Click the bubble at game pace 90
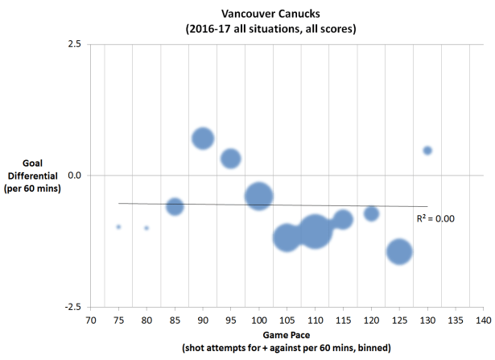[203, 139]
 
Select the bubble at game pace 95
[231, 158]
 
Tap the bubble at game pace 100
[258, 196]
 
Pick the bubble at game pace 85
[175, 207]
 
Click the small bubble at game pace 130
[427, 151]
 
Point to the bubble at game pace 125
[399, 251]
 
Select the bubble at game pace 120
[371, 213]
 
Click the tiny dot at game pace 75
[118, 227]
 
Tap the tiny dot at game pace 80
[146, 228]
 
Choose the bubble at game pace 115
[343, 219]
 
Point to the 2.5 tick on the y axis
[72, 43]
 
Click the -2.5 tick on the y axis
[71, 307]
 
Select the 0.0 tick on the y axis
[72, 175]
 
